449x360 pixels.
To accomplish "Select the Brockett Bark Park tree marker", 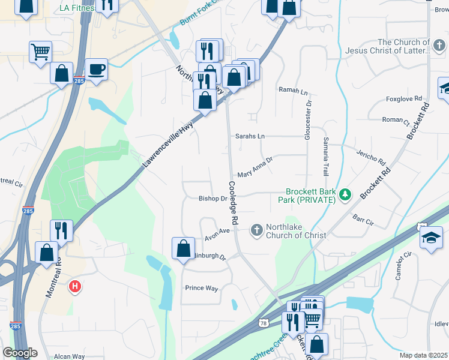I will tap(345, 194).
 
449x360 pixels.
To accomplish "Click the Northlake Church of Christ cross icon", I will tap(256, 230).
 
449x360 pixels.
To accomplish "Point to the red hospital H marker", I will tap(75, 287).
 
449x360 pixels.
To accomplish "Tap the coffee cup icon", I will tap(96, 70).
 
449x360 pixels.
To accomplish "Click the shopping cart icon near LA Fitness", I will tap(40, 51).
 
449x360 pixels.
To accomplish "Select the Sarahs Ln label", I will tap(250, 136).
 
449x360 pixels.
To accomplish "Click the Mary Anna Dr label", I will tap(255, 167).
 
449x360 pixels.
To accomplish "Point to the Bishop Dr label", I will tap(212, 199).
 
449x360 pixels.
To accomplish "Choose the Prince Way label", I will tap(201, 288).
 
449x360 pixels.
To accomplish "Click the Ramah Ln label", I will tap(292, 91).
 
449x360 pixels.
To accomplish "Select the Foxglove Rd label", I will tap(404, 98).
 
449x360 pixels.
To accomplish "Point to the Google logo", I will tap(20, 353).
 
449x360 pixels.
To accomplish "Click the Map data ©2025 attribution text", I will tap(423, 355).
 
